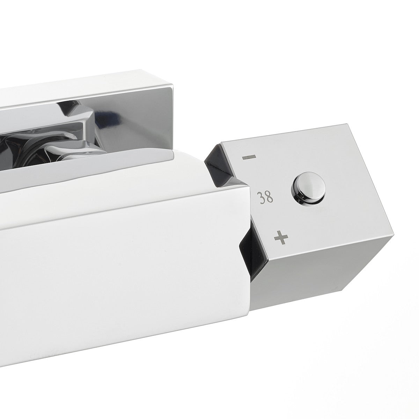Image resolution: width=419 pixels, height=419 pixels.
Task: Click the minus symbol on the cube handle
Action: pos(249,157)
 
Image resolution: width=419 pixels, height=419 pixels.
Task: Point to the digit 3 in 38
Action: pos(260,198)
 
